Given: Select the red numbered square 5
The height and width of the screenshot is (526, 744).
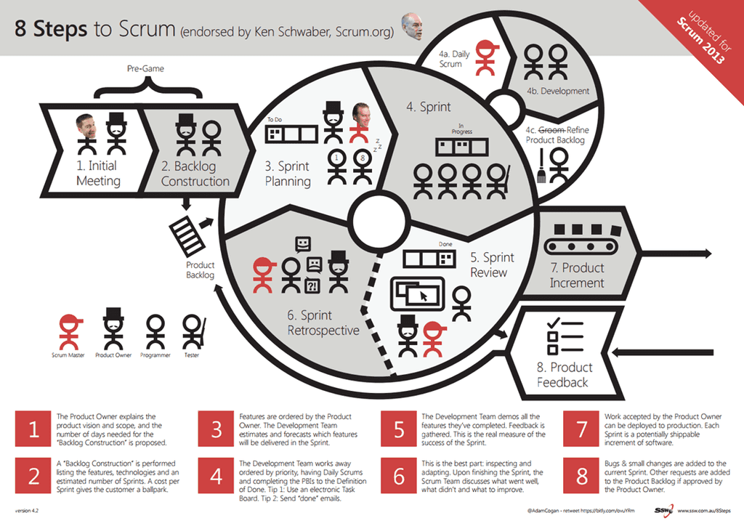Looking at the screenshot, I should [x=399, y=429].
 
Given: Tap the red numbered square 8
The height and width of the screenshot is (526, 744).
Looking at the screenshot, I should [x=581, y=477].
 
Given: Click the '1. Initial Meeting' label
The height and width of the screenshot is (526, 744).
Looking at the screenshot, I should [x=98, y=173].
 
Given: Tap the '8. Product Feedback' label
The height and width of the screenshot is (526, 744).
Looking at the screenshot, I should [x=565, y=374].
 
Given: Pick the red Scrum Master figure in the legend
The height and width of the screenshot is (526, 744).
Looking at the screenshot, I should [x=70, y=332].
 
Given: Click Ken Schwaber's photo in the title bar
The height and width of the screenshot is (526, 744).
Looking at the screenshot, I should [x=411, y=27].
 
